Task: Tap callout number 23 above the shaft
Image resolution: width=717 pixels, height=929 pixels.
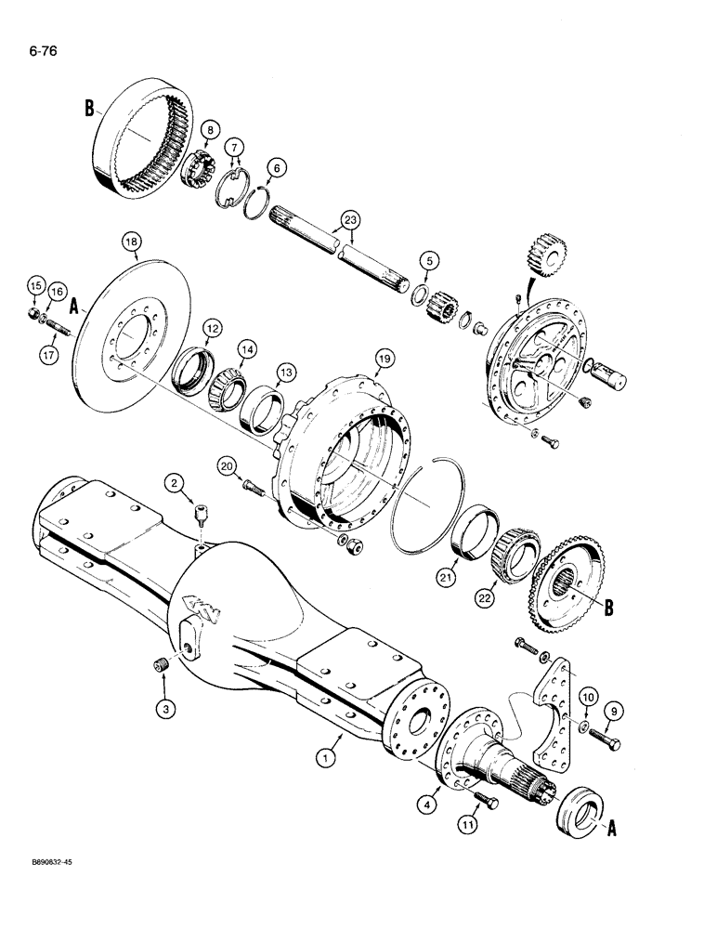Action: point(349,219)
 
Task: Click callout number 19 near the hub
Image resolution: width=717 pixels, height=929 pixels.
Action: point(383,358)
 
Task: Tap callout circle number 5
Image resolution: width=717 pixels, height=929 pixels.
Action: point(427,260)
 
